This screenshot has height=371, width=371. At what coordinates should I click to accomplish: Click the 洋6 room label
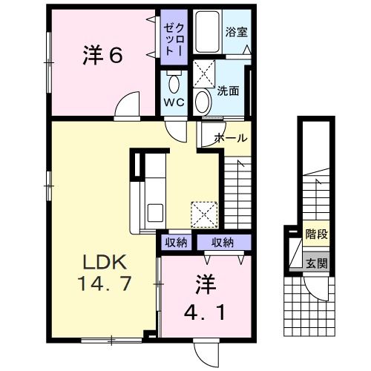point(102,55)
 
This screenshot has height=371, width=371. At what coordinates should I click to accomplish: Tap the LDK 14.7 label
point(105,273)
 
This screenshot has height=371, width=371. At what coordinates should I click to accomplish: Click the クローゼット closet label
point(174,37)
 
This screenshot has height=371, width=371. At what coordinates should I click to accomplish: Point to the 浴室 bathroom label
point(236,32)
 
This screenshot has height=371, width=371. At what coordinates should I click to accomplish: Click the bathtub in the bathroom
point(207,31)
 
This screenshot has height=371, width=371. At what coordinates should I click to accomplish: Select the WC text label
point(174,102)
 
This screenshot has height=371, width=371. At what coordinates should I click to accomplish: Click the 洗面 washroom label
point(228,91)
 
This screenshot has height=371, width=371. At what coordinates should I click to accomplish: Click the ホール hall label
point(231,138)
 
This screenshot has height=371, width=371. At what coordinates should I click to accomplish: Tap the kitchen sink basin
point(155,213)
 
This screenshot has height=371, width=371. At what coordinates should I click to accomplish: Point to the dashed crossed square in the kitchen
point(204,214)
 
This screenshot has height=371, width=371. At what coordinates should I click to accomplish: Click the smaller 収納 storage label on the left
point(176,243)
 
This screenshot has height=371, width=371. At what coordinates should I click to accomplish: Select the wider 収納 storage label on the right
point(223,243)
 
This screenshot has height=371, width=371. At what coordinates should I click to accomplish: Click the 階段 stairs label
point(316,234)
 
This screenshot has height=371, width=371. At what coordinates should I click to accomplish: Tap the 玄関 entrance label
point(317,263)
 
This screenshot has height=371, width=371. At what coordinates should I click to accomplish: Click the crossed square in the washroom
point(204,73)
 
